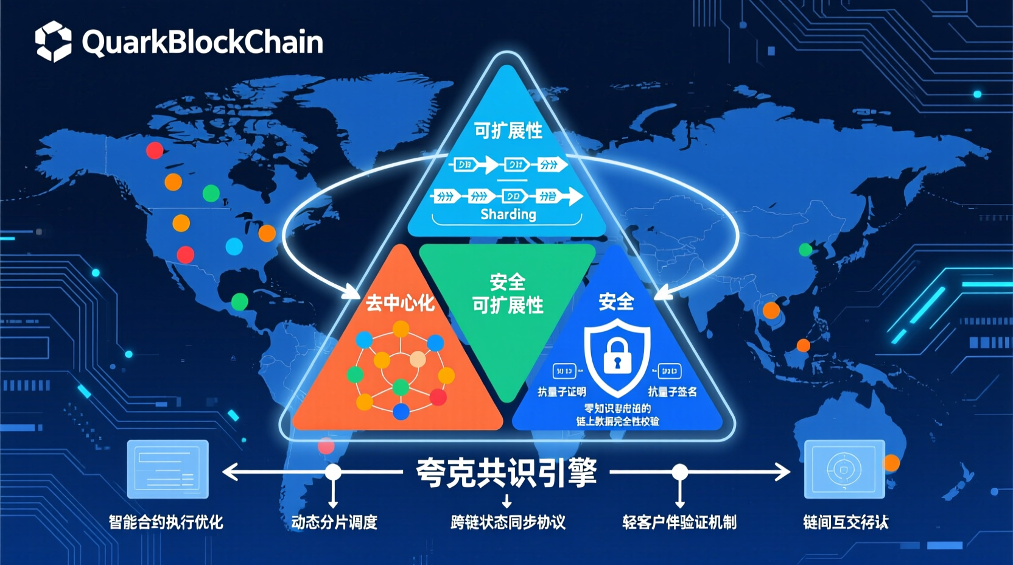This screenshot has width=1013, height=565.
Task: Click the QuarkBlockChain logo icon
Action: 53,41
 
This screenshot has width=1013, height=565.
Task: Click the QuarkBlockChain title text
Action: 202,42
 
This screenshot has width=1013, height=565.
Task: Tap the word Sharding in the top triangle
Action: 508,214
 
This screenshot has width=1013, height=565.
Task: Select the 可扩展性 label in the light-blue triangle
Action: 508,130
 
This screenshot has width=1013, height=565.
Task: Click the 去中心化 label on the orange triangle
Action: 400,303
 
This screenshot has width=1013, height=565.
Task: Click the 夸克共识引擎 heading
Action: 506,472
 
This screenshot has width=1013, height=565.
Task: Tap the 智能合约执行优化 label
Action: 166,522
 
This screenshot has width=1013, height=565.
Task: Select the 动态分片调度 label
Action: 334,522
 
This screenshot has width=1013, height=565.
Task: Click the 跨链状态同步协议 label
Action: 508,522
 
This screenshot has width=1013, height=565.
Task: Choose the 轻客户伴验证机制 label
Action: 679,522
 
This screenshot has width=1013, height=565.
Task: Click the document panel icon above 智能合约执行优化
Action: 167,469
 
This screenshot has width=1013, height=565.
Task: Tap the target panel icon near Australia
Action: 844,469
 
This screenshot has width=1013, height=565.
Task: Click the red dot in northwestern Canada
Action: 155,150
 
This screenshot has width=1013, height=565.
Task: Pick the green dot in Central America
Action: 240,301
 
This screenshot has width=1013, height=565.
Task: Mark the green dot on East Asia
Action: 805,250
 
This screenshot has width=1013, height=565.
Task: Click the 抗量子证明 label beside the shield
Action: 561,392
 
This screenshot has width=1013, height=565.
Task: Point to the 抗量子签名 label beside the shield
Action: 672,391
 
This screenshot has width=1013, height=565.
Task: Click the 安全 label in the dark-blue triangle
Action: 616,301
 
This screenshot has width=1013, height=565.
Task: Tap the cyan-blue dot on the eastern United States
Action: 234,246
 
